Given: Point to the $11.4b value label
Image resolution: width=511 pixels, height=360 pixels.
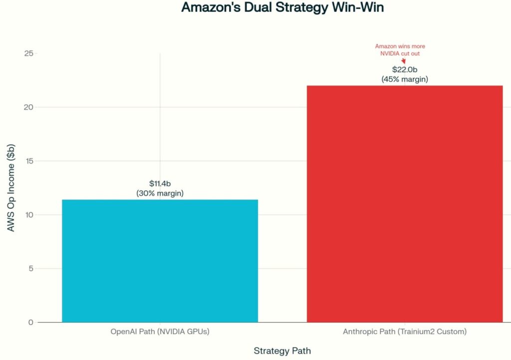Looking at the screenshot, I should click(160, 184).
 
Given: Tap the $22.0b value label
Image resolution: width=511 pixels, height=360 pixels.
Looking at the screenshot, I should click(405, 69).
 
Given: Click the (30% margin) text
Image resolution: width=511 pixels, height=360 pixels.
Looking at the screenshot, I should click(160, 193).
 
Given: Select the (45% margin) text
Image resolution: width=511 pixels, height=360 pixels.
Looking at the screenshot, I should click(405, 79).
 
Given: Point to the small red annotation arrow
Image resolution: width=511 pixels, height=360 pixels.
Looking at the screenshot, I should click(403, 60).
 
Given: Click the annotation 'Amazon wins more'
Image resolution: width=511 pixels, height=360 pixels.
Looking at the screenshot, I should click(400, 46).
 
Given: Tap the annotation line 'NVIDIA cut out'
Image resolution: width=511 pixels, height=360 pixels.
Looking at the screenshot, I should click(400, 53).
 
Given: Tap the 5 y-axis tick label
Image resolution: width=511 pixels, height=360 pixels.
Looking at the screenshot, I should click(30, 269).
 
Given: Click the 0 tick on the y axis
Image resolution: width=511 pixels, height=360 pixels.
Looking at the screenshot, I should click(30, 323).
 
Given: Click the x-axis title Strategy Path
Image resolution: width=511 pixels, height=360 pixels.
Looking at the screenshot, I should click(282, 351).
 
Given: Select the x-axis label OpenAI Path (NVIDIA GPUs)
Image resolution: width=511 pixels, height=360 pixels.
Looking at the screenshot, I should click(160, 332).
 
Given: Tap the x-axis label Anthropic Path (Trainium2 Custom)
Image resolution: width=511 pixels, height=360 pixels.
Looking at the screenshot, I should click(405, 332).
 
